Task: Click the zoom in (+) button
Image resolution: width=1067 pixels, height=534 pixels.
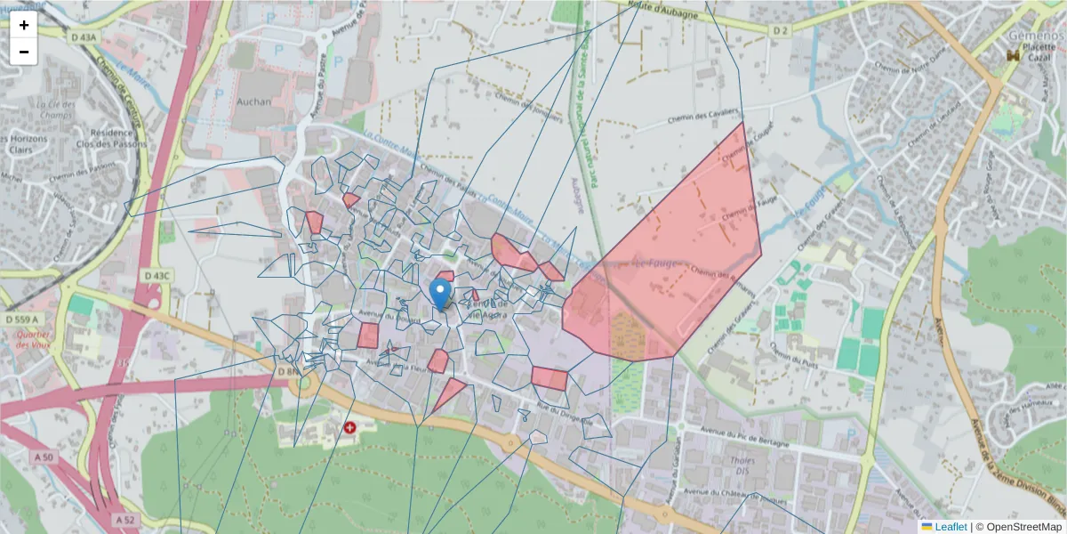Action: click(24, 25)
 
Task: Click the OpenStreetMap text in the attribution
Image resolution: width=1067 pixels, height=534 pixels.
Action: click(1018, 527)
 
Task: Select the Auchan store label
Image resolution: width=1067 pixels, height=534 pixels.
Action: click(253, 101)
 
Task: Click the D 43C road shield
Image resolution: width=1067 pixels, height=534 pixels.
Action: click(156, 276)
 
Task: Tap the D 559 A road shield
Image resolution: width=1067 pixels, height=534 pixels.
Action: click(22, 319)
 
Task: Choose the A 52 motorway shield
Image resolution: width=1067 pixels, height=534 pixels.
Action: click(124, 519)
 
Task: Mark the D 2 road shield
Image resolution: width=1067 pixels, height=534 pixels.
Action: click(780, 30)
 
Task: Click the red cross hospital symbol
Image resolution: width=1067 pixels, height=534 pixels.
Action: click(350, 428)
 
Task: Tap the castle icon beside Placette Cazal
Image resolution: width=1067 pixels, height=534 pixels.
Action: click(1012, 55)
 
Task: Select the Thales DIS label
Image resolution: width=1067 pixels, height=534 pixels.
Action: click(742, 466)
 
